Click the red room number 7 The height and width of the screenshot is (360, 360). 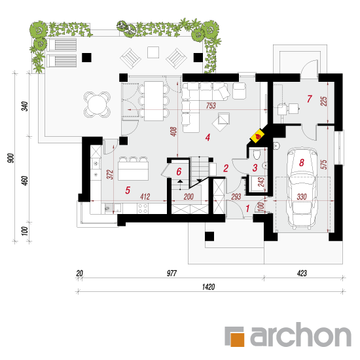309,99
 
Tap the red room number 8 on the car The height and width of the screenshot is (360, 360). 302,162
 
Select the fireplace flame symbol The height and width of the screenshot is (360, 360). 258,136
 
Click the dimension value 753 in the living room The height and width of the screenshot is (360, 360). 211,105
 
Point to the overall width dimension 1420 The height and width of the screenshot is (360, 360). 208,287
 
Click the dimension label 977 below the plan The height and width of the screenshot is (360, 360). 171,273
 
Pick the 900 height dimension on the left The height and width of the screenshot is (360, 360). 10,158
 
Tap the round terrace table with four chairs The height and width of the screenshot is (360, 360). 98,105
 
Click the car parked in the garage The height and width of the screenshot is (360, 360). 302,188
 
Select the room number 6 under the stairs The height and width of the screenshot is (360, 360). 179,171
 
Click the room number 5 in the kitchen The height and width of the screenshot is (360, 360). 128,190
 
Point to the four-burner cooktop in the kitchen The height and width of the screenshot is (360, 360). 143,208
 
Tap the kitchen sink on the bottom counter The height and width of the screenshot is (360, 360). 113,208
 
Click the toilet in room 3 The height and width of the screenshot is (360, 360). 257,154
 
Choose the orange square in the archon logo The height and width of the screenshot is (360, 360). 237,339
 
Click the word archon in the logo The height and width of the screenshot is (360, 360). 301,334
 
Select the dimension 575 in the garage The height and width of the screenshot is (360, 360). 323,164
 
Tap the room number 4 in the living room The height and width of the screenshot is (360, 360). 207,137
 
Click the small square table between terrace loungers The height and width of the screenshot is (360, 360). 153,52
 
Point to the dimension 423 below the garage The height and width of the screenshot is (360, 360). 302,273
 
